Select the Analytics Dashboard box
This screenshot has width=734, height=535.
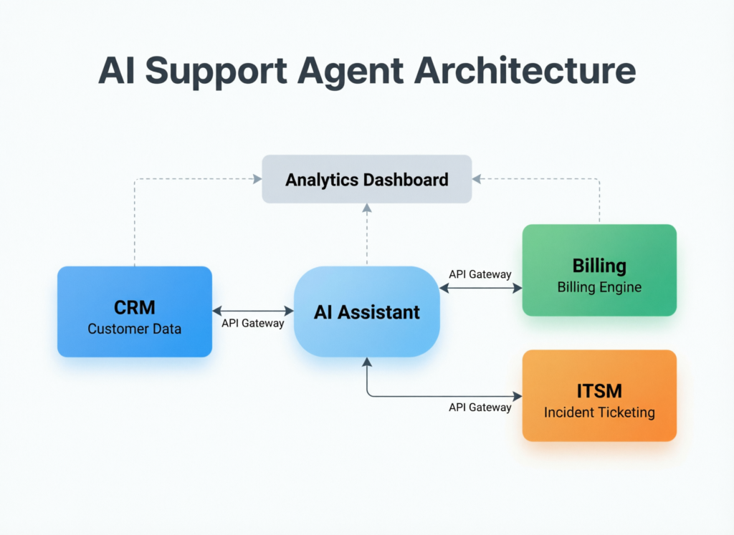pos(366,179)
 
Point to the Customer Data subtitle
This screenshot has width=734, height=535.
pos(134,329)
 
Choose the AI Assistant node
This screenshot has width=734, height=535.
pos(366,312)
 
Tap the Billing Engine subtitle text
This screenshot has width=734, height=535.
pos(599,287)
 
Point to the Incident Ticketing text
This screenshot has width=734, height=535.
pos(599,412)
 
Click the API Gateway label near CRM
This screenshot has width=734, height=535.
pos(252,323)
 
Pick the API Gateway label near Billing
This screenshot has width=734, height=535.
pos(480,274)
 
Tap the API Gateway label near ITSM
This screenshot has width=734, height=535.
pos(480,407)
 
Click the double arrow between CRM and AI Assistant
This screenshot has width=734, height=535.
pos(253,311)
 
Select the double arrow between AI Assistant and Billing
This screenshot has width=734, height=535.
pos(480,288)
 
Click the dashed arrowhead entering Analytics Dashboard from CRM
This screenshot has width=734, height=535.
pos(257,179)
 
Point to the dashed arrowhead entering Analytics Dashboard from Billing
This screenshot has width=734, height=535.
pos(477,179)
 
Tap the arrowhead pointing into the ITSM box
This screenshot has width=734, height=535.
pos(518,395)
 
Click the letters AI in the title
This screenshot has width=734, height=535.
pos(117,72)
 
